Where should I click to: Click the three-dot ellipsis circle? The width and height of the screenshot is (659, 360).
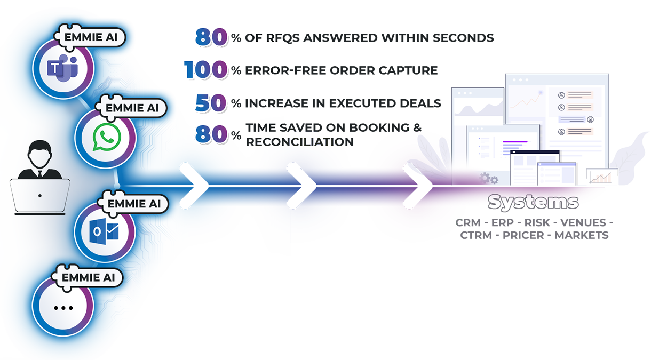pyautogui.click(x=63, y=307)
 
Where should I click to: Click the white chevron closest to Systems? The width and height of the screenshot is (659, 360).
pyautogui.click(x=418, y=186)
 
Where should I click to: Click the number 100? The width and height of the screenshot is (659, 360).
pyautogui.click(x=204, y=70)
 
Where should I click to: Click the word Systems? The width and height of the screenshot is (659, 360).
pyautogui.click(x=533, y=202)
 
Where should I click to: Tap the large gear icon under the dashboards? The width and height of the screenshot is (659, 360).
pyautogui.click(x=485, y=178)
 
